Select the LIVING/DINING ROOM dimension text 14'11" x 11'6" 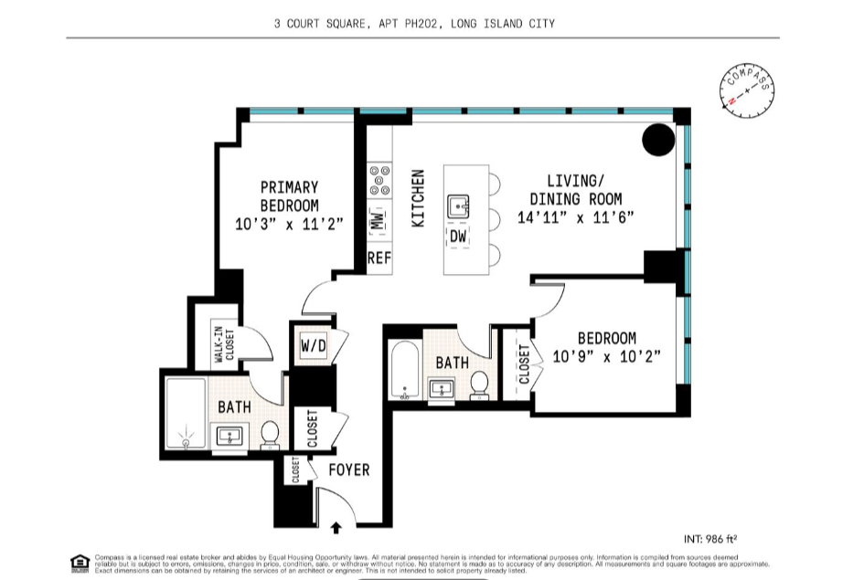coord(575,217)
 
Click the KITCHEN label coord(418,198)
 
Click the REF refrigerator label coord(379,258)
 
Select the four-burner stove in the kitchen coord(379,181)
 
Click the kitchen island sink coord(459,206)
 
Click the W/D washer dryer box coord(313,346)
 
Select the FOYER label coord(348,469)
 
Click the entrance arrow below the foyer coord(336,527)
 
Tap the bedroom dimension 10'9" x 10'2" coord(607,356)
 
